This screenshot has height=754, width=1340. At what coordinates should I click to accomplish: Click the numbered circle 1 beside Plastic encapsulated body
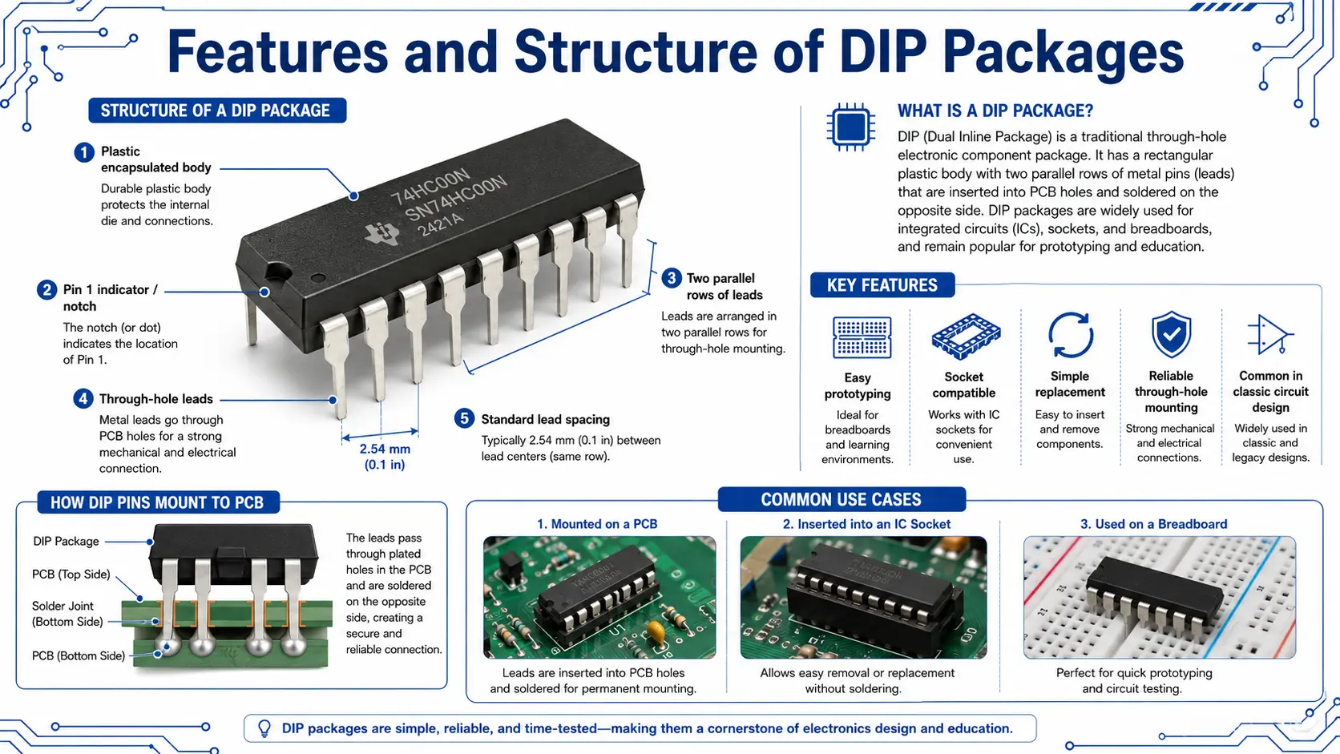click(83, 152)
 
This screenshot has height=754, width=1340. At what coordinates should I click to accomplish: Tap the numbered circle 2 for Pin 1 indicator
click(46, 290)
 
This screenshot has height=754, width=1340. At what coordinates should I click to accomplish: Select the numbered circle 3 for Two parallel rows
click(671, 278)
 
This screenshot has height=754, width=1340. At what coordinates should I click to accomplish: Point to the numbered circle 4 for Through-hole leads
click(83, 399)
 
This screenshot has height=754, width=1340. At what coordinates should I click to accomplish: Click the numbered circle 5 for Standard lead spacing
click(464, 418)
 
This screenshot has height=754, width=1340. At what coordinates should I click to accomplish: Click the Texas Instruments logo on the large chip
click(382, 234)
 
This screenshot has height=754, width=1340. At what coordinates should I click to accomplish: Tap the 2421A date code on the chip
click(441, 225)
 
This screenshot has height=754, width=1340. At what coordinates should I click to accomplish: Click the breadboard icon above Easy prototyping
click(862, 337)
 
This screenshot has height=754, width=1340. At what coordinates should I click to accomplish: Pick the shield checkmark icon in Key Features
click(1171, 333)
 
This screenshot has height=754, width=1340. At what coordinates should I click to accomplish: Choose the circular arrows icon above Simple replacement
click(1070, 335)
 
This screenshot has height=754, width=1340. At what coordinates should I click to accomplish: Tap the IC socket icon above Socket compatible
click(966, 337)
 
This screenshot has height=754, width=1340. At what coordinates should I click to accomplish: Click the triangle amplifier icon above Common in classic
click(1270, 334)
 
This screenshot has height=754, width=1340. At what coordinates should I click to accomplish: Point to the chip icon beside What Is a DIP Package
click(850, 127)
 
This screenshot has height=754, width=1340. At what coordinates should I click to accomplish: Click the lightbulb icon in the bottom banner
click(264, 728)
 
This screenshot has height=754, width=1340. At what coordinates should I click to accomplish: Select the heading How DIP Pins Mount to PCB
click(158, 502)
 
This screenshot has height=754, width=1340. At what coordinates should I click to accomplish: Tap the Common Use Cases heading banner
click(841, 499)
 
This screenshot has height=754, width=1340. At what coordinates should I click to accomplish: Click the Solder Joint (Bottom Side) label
click(67, 614)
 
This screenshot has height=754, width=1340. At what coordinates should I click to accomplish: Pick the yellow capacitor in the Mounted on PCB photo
click(656, 631)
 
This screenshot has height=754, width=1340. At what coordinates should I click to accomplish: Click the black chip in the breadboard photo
click(1155, 594)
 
